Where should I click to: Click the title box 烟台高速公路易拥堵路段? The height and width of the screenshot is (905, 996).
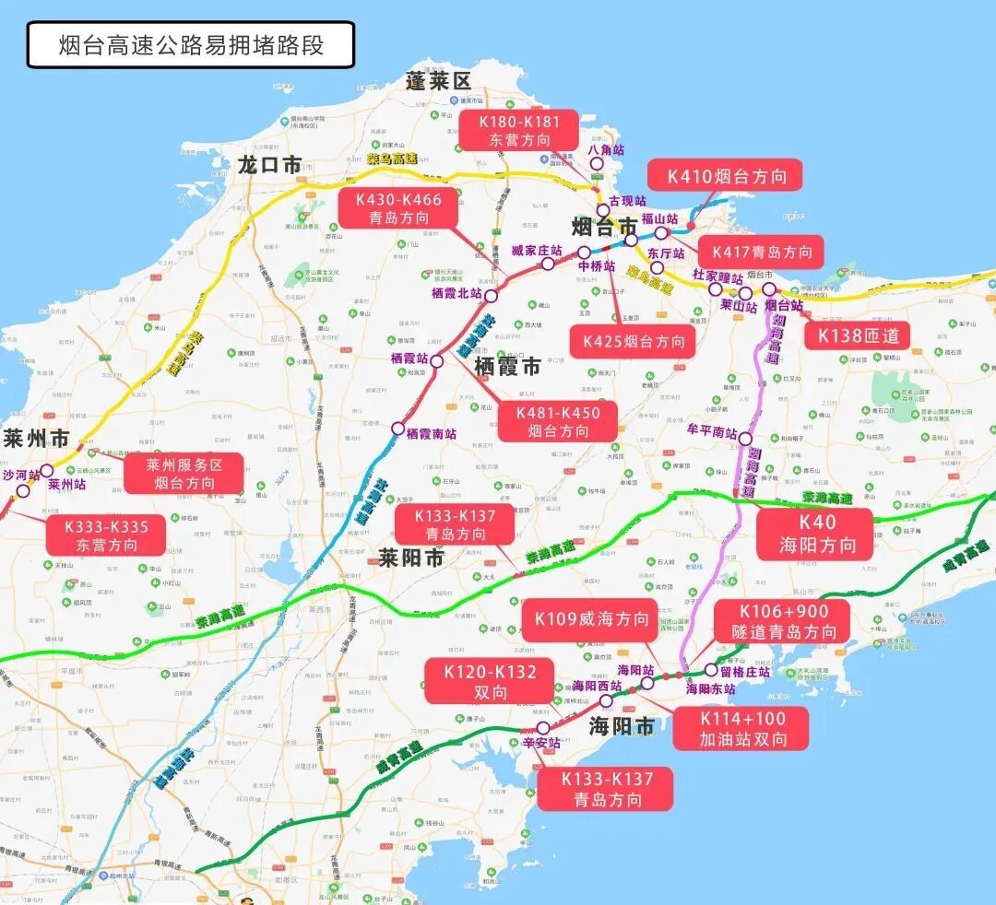point(191,45)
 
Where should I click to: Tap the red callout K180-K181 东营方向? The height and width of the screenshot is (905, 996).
point(519,130)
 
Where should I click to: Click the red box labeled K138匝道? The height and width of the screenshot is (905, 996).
point(858,335)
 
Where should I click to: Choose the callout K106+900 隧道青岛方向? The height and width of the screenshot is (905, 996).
point(784,621)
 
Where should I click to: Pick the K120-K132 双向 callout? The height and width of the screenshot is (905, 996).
point(489,681)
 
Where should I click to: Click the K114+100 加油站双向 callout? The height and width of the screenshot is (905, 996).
point(742,729)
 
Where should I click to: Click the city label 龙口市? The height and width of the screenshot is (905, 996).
point(269,165)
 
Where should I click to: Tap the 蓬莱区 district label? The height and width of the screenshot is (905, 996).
point(438,81)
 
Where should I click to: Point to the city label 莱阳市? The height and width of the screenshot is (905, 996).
point(410,558)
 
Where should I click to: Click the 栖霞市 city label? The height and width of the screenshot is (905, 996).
point(507,366)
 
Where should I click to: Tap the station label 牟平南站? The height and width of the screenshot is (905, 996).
point(712,431)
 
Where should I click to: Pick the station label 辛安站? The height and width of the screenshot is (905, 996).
point(540,742)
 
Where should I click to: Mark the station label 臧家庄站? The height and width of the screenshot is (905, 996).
point(537,250)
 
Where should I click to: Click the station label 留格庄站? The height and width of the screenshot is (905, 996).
point(745,672)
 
